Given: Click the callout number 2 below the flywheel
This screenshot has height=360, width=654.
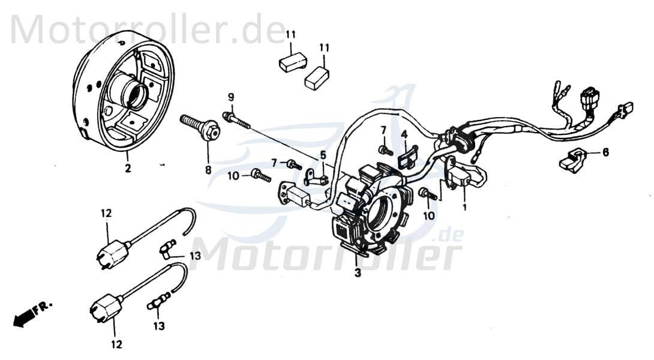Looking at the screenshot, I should (127, 169).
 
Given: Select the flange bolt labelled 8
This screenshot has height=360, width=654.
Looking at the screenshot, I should (201, 127).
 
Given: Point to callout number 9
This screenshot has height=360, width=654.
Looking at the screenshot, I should (230, 98).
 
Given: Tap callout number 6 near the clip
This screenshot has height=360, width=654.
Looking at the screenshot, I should (605, 152).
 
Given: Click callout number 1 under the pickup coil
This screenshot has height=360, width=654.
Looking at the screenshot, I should (464, 207).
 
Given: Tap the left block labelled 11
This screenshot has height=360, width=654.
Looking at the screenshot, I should (293, 61).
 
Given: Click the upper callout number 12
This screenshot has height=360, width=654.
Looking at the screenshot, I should (106, 213).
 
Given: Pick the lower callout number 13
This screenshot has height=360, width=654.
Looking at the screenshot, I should (158, 326).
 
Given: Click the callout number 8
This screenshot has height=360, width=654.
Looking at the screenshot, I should (208, 170).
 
